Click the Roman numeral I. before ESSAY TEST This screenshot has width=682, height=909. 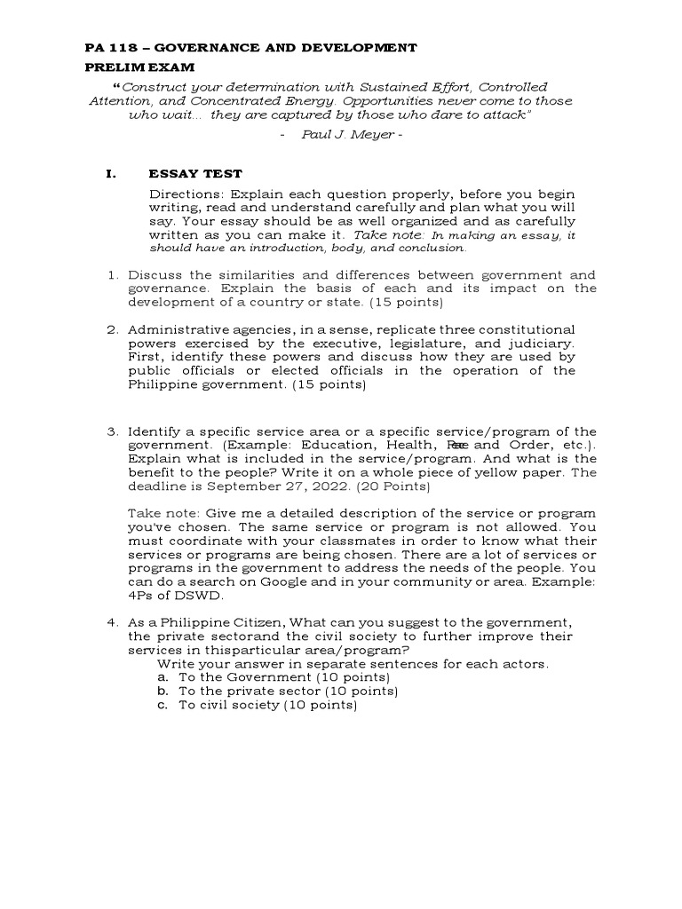point(111,174)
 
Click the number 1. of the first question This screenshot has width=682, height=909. point(113,275)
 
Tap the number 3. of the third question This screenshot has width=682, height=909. point(113,431)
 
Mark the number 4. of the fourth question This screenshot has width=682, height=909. point(113,623)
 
